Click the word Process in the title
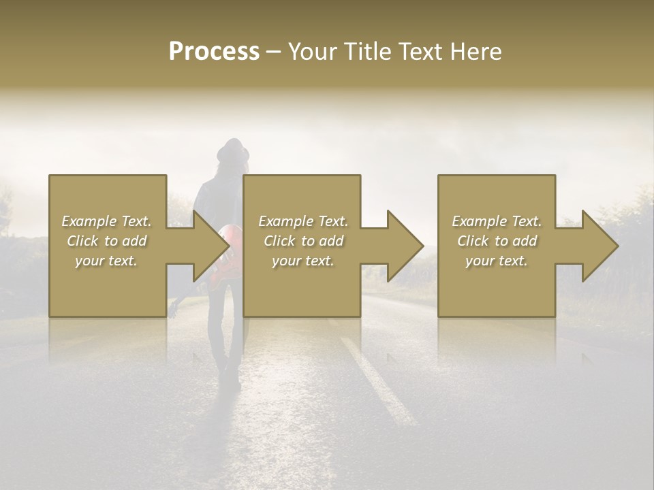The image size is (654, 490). click(x=214, y=52)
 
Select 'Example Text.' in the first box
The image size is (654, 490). click(x=107, y=221)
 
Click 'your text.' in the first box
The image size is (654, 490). click(x=107, y=261)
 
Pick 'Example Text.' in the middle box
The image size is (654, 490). click(x=303, y=221)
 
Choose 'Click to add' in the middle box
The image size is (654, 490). click(x=303, y=241)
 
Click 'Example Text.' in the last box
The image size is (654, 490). click(x=497, y=221)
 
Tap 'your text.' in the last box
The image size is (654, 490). click(x=497, y=261)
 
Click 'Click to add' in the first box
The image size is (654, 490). click(x=107, y=241)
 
